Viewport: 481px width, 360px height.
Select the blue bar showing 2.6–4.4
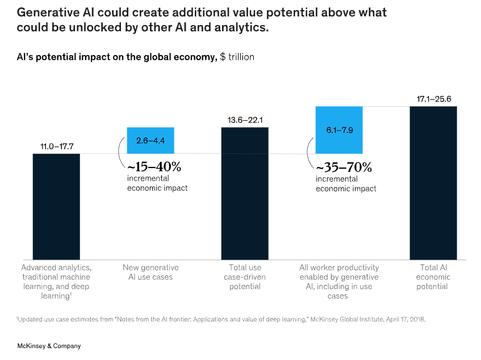pos(150,140)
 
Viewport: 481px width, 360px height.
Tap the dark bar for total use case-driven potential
pos(245,193)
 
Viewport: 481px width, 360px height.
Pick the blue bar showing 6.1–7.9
pos(339,130)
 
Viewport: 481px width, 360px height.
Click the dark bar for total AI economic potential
pos(433,182)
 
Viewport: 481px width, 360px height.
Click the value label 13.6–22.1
pos(245,120)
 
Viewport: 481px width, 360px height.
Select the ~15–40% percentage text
pos(154,168)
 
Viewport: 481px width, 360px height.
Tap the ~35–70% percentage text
pos(344,168)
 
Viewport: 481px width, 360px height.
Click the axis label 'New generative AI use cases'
pos(150,272)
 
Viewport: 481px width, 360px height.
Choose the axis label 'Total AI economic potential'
pos(433,277)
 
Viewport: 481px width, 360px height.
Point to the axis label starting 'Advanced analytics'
pos(56,277)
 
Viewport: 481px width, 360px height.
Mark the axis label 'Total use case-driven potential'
pos(245,277)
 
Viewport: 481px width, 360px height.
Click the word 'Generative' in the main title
pos(52,13)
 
